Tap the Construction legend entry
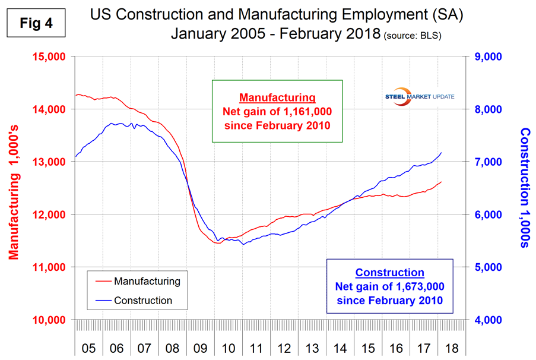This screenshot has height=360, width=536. point(143,300)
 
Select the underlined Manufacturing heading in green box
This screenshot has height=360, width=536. point(277,97)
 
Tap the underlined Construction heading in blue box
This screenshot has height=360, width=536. point(389,273)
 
